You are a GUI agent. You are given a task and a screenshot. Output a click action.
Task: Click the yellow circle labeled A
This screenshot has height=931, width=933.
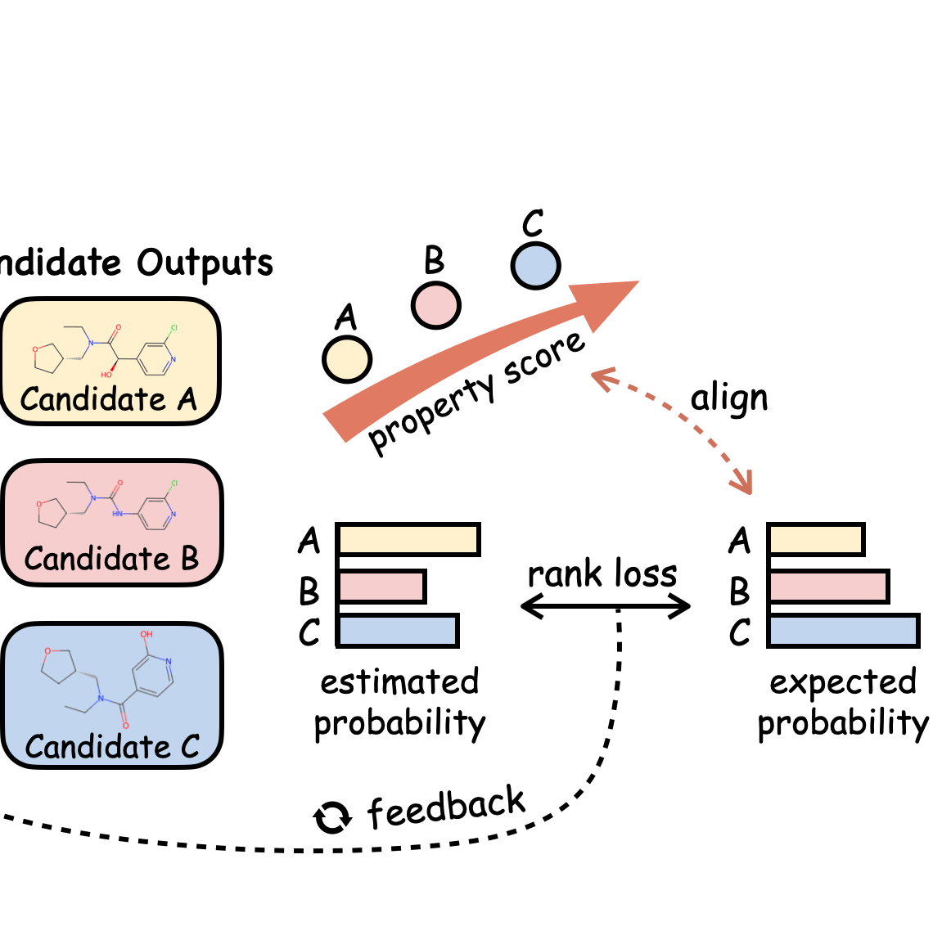(347, 359)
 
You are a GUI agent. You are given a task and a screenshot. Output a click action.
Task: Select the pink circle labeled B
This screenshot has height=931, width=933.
(435, 305)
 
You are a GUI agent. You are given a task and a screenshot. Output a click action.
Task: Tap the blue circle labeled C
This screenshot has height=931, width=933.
(535, 266)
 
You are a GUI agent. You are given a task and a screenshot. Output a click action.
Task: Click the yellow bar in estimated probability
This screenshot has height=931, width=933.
(408, 540)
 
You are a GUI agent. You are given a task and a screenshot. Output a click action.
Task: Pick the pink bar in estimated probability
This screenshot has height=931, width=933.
(381, 587)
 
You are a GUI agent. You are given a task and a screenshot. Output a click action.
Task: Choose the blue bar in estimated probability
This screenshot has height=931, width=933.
(398, 631)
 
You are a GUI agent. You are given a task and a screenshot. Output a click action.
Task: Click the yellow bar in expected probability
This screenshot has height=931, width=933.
(816, 540)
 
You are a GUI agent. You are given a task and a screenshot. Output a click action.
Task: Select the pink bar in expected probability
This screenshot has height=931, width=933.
(828, 587)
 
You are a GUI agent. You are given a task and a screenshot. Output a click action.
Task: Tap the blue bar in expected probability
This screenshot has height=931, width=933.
(843, 631)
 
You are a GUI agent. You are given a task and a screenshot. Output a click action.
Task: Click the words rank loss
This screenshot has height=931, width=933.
(602, 574)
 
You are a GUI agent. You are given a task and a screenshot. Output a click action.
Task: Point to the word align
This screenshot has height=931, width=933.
(729, 399)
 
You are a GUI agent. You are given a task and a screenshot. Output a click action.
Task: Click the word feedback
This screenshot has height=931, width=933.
(447, 807)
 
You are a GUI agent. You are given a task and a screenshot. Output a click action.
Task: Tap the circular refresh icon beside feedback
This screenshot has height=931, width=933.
(332, 817)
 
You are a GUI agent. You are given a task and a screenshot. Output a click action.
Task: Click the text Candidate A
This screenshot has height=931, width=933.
(109, 399)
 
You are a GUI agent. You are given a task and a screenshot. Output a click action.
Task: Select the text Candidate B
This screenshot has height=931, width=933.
(111, 559)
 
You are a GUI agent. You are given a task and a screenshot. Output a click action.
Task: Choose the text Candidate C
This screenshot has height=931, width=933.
(112, 746)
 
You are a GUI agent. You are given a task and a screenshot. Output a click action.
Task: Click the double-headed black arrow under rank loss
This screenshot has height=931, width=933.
(606, 606)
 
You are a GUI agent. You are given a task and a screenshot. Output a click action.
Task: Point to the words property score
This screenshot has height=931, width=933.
(477, 392)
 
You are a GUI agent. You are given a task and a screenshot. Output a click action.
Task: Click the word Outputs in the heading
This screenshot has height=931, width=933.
(205, 263)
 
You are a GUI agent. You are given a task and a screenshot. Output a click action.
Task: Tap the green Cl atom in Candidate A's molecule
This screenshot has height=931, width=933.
(174, 327)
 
